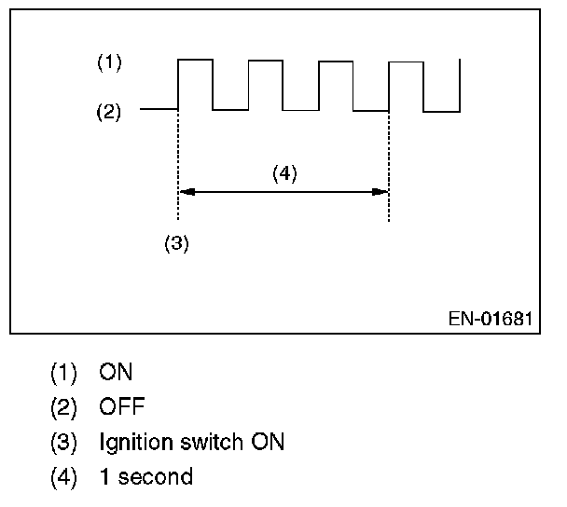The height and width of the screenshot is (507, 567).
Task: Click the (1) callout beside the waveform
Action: [109, 62]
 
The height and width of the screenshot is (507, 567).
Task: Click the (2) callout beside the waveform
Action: [108, 112]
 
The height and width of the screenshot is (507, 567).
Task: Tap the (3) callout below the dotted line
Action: [176, 243]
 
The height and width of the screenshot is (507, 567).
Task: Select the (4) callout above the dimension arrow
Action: [284, 173]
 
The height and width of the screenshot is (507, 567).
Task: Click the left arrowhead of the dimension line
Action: [187, 192]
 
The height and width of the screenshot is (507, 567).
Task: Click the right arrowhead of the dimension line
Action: [380, 192]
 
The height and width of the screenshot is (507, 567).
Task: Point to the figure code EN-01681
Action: [491, 319]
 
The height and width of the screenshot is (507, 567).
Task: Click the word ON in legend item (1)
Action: [116, 372]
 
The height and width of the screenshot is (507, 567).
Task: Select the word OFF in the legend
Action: [122, 406]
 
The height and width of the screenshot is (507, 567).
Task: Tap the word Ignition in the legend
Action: [135, 443]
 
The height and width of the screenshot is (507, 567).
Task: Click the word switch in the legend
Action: [212, 442]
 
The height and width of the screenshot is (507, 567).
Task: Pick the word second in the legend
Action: [156, 476]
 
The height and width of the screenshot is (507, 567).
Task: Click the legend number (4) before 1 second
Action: [63, 477]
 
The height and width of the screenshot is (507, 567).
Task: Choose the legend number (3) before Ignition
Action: [63, 443]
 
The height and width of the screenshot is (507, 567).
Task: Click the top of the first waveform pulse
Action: [195, 60]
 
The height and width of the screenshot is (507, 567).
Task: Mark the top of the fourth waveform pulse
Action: [406, 62]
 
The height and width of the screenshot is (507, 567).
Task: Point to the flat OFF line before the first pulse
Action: [159, 109]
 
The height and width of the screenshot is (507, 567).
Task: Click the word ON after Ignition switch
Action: [268, 442]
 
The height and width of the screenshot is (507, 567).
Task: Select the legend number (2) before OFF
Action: [63, 407]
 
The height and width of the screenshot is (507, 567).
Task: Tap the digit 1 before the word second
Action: [104, 476]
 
